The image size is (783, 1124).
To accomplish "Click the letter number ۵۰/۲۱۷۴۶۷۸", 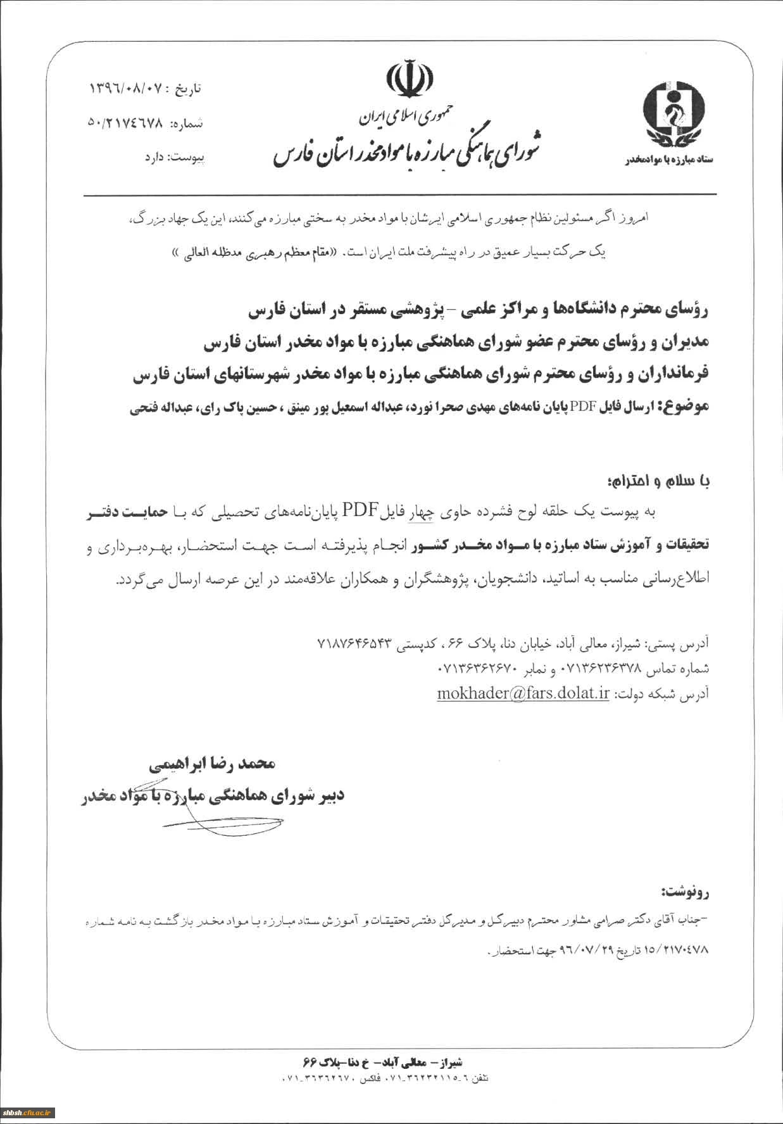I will [125, 123].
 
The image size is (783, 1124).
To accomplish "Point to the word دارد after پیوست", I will [154, 156].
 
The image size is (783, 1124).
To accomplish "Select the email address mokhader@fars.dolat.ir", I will [523, 693].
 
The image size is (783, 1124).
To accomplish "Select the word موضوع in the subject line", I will [686, 407].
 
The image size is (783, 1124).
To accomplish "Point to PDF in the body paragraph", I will [360, 510].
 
